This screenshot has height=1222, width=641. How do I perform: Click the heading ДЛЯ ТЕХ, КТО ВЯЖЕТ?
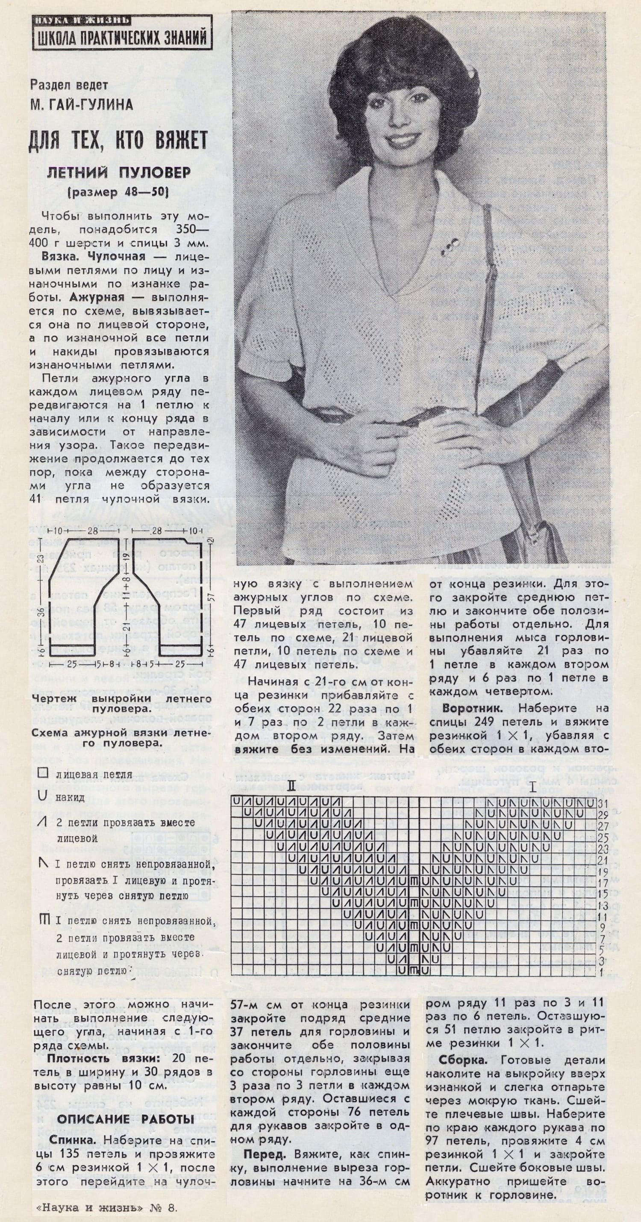pyautogui.click(x=118, y=141)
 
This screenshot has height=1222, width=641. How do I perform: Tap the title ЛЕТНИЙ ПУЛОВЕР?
pyautogui.click(x=119, y=173)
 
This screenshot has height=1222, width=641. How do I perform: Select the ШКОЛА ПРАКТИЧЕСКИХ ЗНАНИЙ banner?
pyautogui.click(x=122, y=37)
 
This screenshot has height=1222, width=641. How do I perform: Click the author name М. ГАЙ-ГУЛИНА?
pyautogui.click(x=82, y=105)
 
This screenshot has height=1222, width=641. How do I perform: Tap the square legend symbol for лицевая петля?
pyautogui.click(x=43, y=773)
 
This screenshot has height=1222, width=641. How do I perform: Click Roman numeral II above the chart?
pyautogui.click(x=291, y=787)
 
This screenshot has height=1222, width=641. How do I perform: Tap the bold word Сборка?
pyautogui.click(x=467, y=1060)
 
